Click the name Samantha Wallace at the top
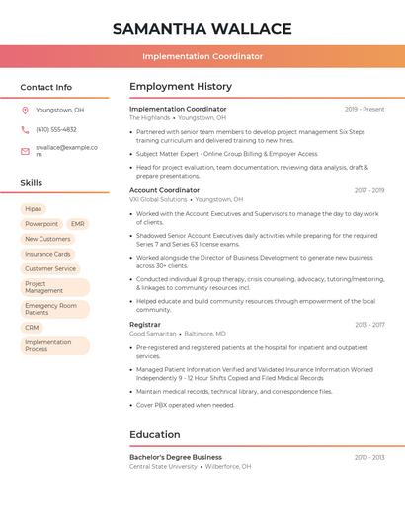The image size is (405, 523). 202,29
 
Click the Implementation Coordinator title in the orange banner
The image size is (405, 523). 202,57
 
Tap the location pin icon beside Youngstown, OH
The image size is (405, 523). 25,110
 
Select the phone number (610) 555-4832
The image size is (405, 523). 56,129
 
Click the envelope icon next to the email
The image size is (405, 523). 25,151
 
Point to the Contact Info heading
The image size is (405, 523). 46,87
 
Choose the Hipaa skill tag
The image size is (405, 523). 34,209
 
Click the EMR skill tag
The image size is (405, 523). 78,224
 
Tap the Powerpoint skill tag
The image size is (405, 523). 41,224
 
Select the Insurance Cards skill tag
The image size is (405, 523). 47,254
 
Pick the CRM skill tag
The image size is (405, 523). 33,328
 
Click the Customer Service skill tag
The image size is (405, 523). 50,268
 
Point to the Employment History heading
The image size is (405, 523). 181,87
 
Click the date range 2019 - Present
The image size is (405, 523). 364,109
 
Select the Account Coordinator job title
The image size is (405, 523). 164,190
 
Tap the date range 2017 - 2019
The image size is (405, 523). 369,190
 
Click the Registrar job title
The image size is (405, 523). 144,325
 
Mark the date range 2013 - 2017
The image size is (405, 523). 369,325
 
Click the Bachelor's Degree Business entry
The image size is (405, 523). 176,458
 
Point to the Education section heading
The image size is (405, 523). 156,434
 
